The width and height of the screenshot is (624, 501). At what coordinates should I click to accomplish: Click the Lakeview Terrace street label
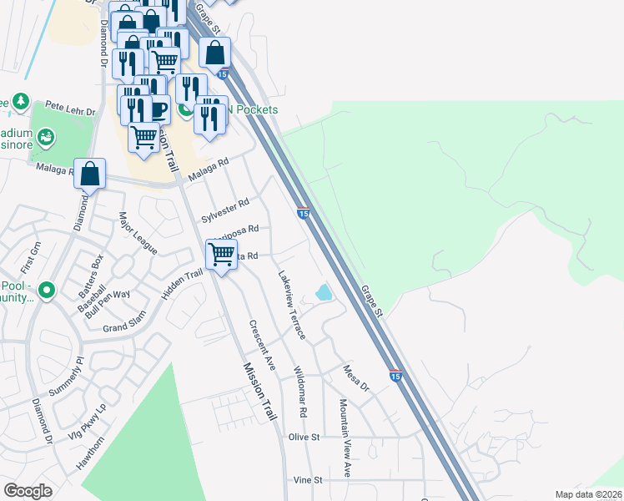click(x=292, y=305)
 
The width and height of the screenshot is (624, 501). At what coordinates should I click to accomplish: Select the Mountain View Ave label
click(x=345, y=426)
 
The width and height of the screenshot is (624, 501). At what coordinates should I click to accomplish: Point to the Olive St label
click(x=304, y=437)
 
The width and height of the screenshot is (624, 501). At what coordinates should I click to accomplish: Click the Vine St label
click(x=308, y=480)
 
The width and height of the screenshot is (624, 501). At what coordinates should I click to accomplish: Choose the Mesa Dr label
click(x=355, y=377)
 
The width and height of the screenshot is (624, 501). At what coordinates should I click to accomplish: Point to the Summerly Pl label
click(x=67, y=380)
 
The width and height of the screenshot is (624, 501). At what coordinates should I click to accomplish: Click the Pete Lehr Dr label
click(x=68, y=107)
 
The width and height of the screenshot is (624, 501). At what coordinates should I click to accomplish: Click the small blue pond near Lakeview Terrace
click(x=323, y=293)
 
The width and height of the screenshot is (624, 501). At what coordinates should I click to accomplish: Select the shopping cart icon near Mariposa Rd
click(x=221, y=252)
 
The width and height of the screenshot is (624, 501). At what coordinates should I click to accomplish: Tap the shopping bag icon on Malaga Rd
click(x=90, y=173)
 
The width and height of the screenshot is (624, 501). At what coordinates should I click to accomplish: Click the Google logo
click(x=28, y=491)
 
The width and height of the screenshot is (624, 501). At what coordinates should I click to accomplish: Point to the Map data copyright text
click(x=589, y=494)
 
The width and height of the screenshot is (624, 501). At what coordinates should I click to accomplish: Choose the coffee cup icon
click(x=159, y=109)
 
